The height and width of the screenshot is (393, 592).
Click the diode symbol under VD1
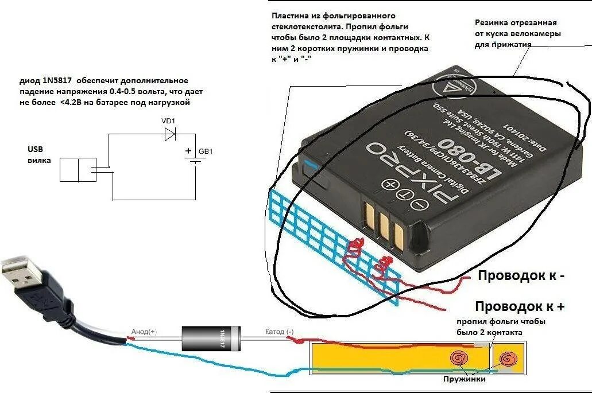tap(169, 134)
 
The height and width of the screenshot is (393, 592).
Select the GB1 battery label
tap(206, 152)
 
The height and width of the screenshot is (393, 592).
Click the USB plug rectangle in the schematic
tap(78, 170)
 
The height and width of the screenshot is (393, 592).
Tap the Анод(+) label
tap(144, 332)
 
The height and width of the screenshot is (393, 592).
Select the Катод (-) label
tap(279, 332)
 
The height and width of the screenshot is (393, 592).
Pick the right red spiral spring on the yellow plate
tap(508, 360)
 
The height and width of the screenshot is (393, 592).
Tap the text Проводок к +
tap(520, 306)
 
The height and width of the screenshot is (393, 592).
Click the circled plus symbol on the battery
tap(390, 185)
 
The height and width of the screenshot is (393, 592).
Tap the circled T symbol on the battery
tap(405, 194)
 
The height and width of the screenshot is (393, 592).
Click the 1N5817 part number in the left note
tap(56, 81)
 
